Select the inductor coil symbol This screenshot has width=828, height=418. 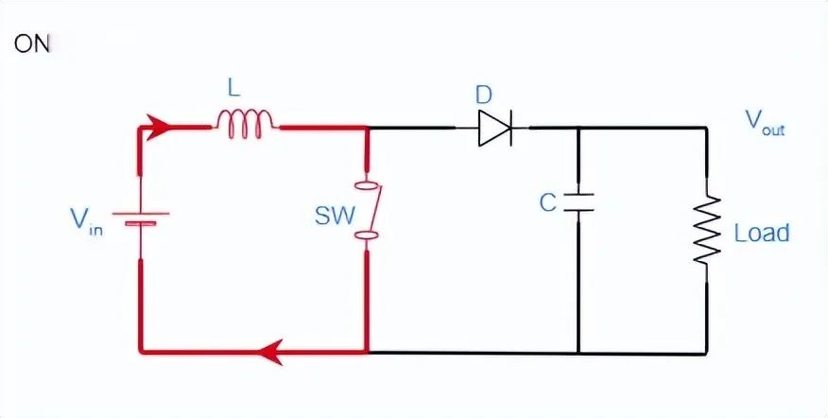[x=248, y=122]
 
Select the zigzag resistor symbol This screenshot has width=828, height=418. [x=706, y=230]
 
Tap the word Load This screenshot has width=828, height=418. [x=761, y=233]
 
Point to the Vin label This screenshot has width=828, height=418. [x=85, y=222]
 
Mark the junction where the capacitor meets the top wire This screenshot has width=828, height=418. [x=578, y=128]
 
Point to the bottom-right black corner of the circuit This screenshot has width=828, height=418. [x=706, y=354]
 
